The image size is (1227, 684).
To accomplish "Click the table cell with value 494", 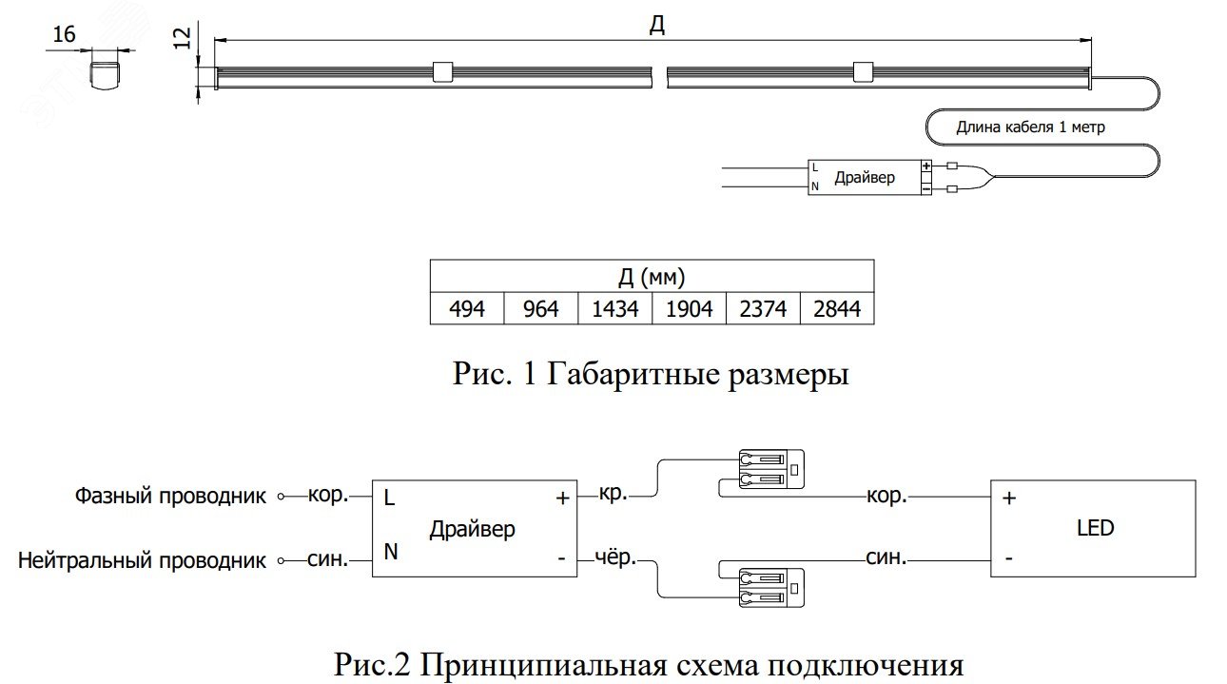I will click(466, 309).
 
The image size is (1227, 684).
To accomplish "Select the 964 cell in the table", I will click(540, 309).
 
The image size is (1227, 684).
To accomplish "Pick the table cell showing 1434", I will click(614, 309).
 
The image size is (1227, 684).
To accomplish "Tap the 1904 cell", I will click(689, 309).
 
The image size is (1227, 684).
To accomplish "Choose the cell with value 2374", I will click(763, 309).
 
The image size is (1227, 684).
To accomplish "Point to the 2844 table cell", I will click(837, 309).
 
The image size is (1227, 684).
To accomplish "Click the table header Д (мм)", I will click(652, 278).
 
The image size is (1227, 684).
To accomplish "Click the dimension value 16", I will click(64, 35).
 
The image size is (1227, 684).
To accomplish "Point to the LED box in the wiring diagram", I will click(1093, 527).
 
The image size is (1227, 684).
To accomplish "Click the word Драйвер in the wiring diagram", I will click(472, 528).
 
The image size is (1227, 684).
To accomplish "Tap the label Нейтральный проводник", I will click(142, 560).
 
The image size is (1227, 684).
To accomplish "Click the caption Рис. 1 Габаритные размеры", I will click(651, 375).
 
